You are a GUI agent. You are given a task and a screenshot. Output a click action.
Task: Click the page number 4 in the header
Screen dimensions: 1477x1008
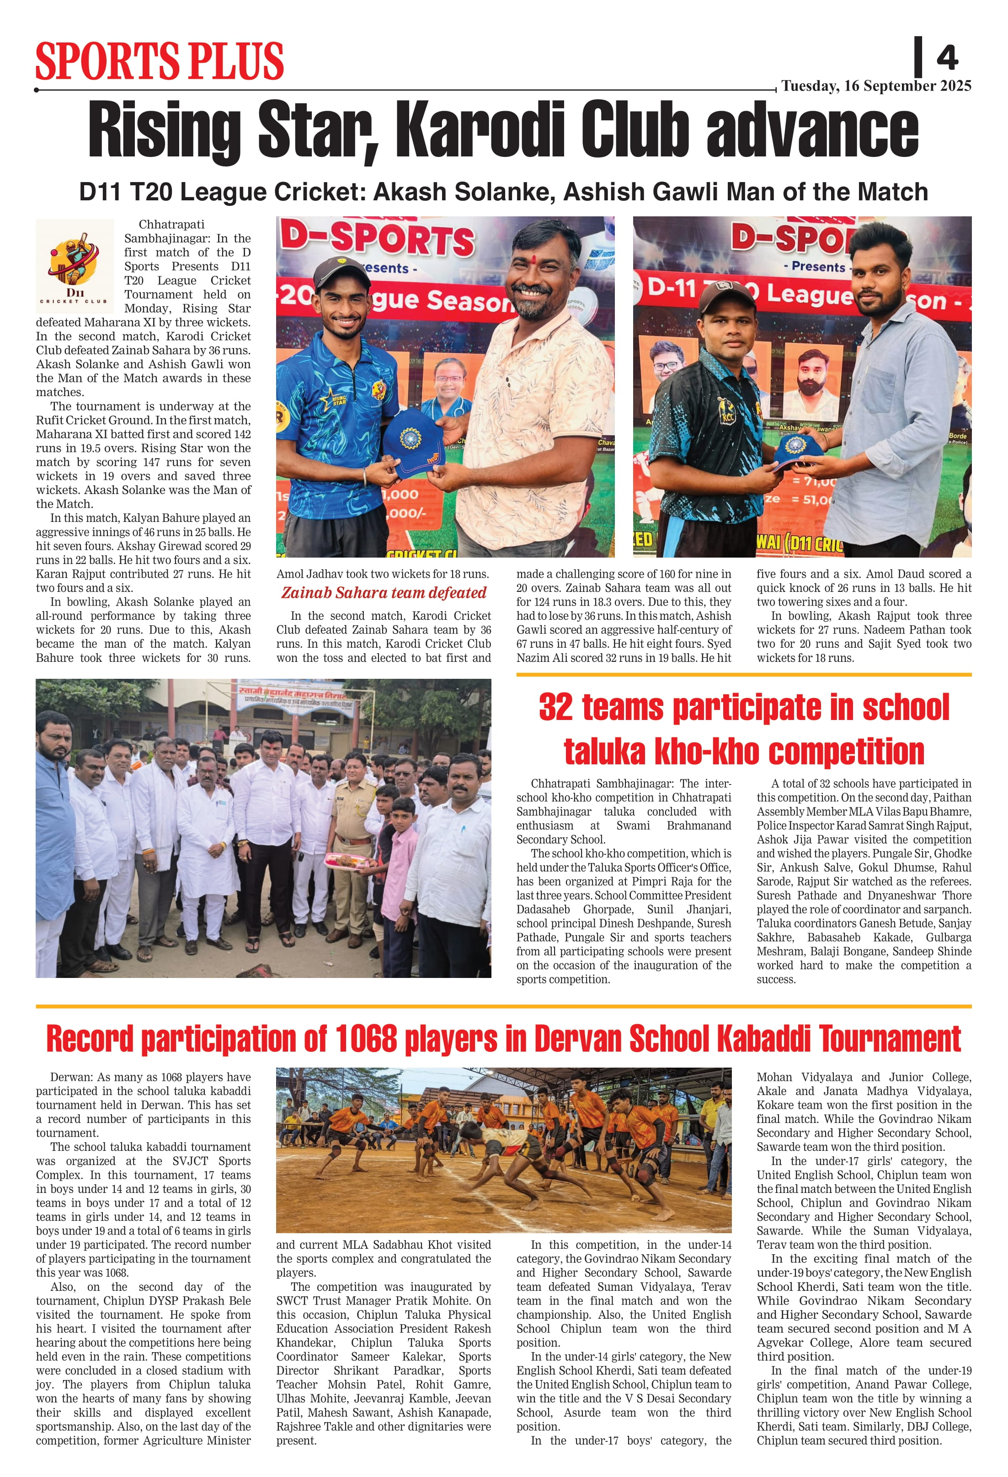(947, 58)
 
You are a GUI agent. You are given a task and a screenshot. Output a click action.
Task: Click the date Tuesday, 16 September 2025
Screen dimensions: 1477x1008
(876, 86)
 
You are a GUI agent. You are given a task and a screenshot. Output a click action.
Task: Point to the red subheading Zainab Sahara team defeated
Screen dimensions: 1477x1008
(384, 593)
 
